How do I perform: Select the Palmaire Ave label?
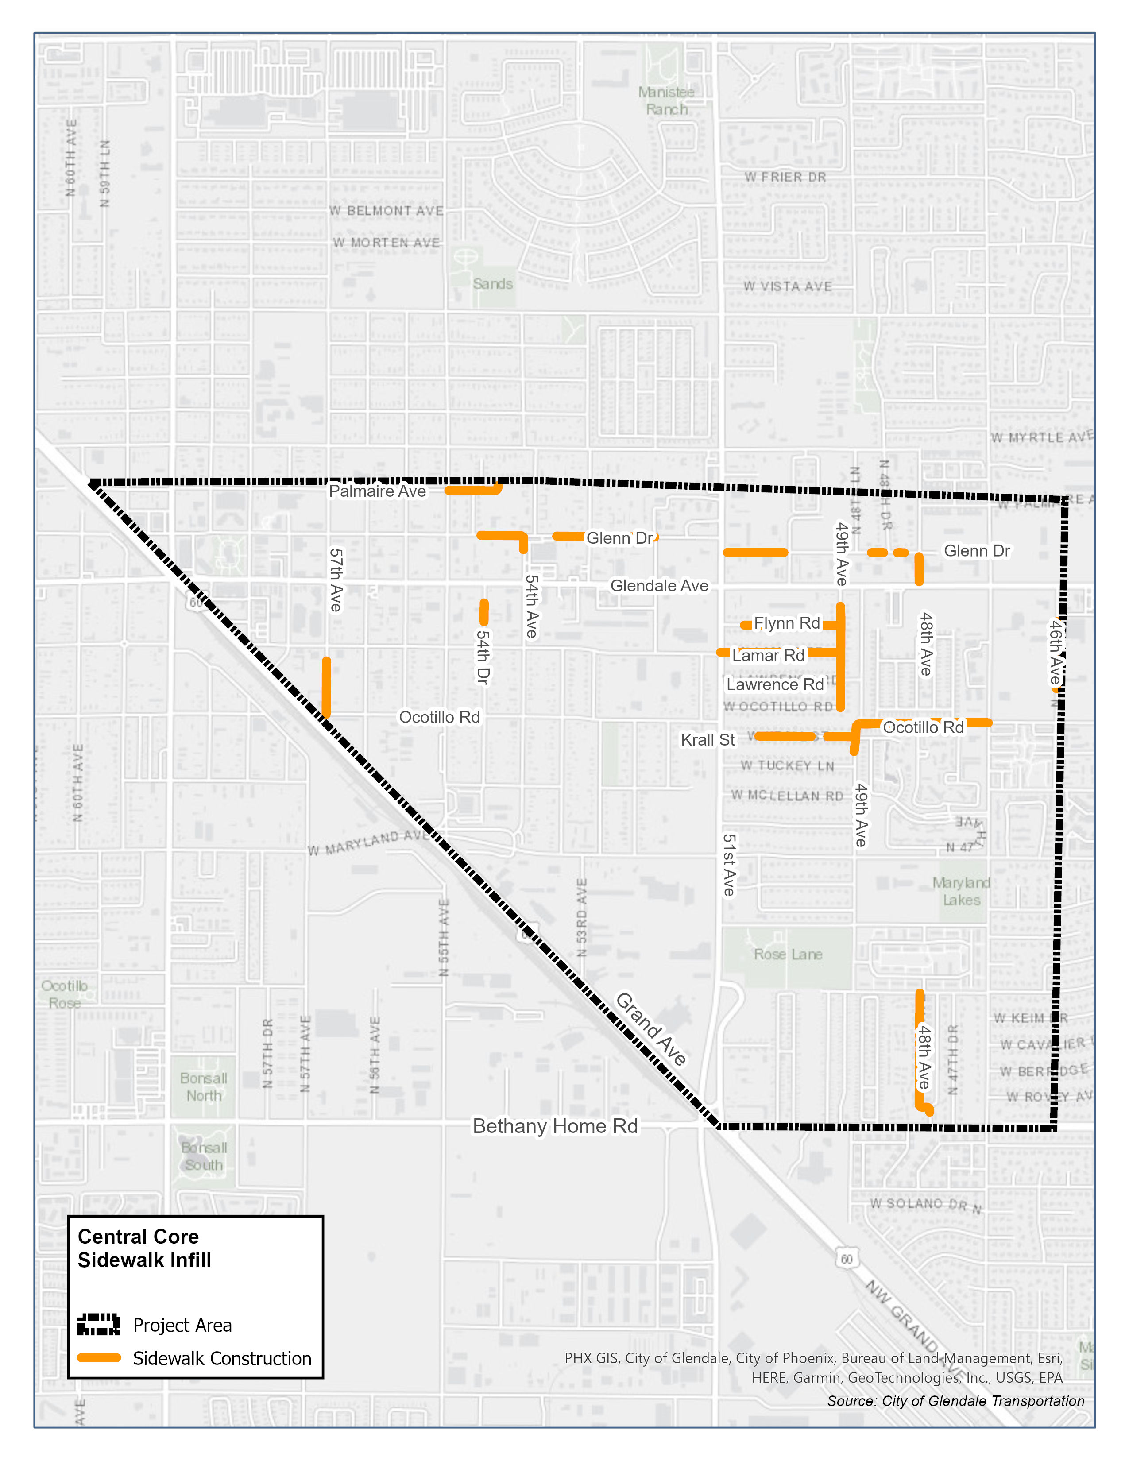(x=377, y=491)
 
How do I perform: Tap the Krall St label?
(x=708, y=740)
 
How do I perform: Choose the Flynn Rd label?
(x=787, y=623)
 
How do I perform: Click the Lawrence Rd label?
(x=775, y=685)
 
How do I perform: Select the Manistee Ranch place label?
(x=666, y=101)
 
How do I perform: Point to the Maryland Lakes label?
(x=962, y=891)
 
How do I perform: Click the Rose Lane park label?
(x=788, y=955)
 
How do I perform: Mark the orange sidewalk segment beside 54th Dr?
(x=483, y=612)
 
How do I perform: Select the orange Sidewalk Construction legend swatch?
(x=99, y=1358)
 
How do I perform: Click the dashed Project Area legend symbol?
(x=99, y=1325)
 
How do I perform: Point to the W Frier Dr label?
(x=785, y=177)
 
